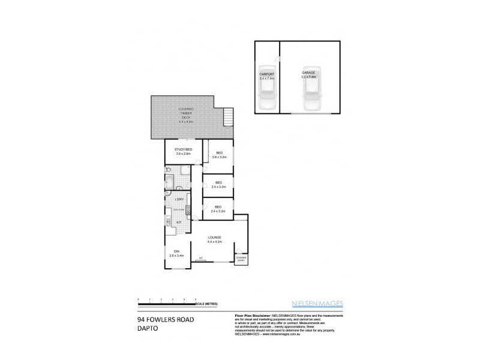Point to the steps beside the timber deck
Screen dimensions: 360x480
[227, 116]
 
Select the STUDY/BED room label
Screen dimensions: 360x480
[182, 149]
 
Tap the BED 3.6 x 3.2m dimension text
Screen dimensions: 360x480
[219, 157]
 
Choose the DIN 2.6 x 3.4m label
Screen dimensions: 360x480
[177, 254]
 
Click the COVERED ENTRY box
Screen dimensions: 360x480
[241, 259]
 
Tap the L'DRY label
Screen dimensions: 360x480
[179, 199]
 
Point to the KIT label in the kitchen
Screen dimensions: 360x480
[179, 222]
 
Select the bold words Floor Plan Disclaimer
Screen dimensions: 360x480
[251, 314]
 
